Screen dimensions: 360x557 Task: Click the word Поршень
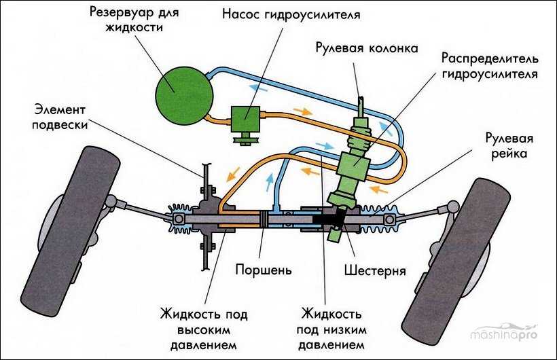[263, 270]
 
